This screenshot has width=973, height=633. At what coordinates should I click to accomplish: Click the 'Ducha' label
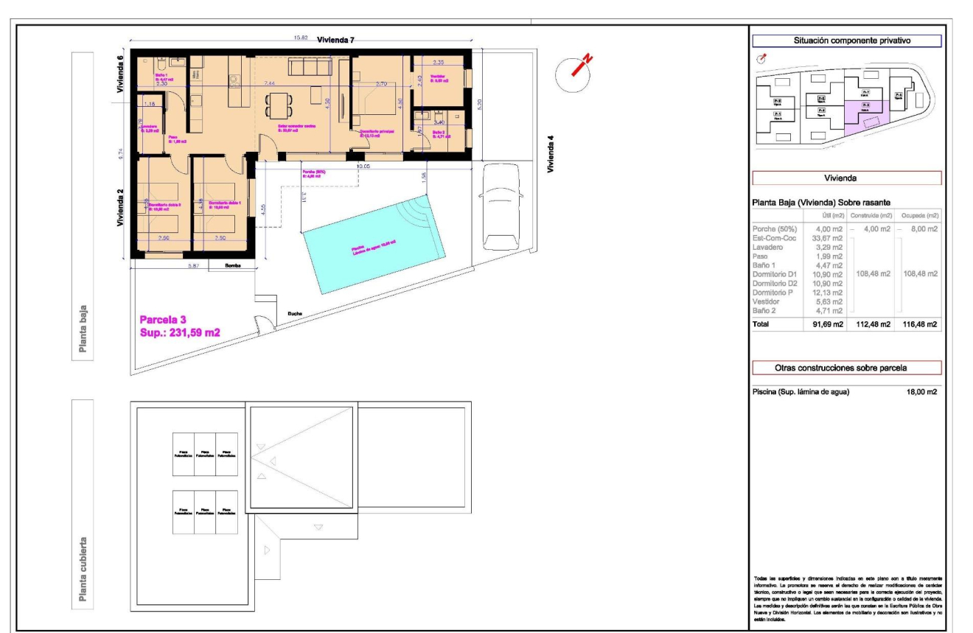294,313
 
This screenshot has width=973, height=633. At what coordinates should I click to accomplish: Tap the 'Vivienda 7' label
335,40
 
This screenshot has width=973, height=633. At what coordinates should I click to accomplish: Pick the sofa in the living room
310,67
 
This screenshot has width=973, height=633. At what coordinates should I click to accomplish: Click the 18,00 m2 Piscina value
921,393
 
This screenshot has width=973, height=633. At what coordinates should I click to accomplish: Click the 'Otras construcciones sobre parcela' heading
845,367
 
